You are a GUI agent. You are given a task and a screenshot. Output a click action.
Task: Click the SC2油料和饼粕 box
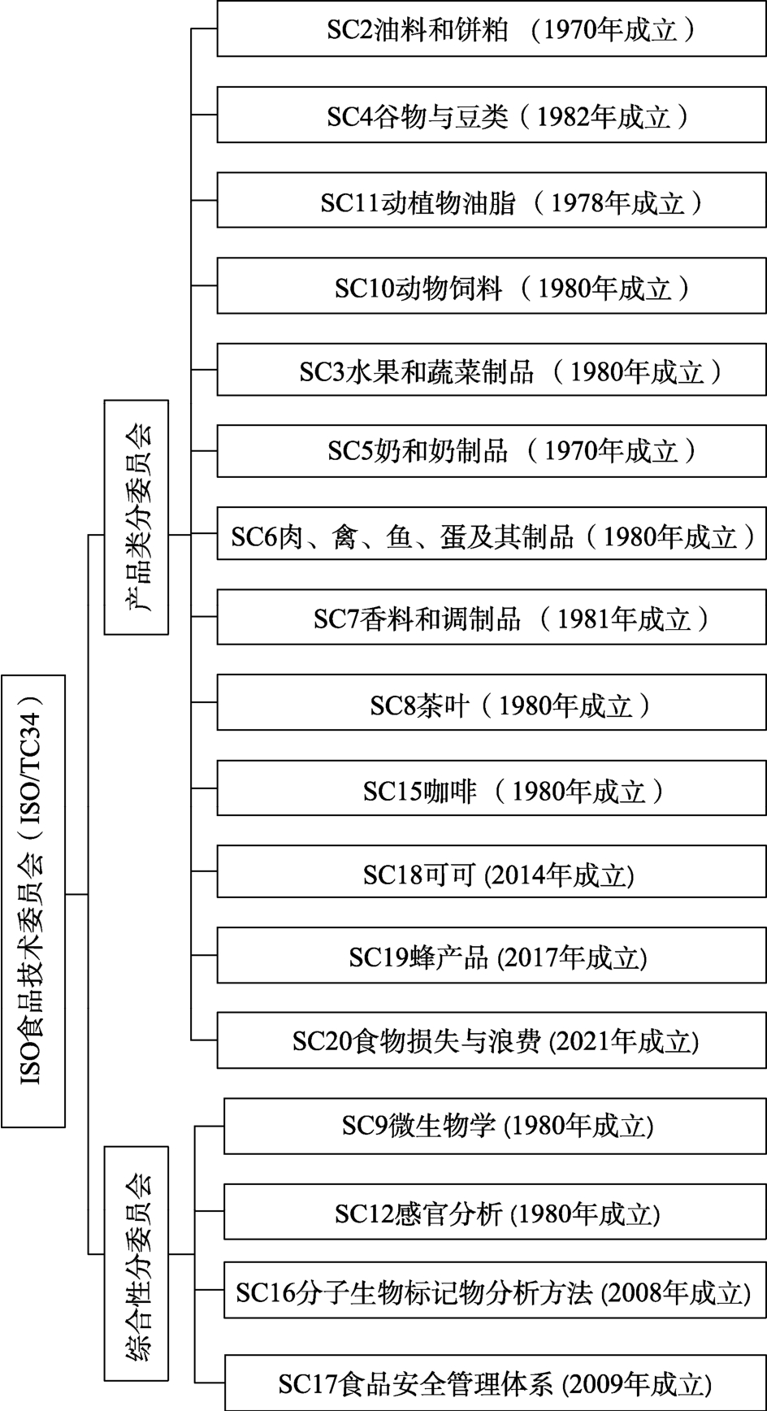(492, 29)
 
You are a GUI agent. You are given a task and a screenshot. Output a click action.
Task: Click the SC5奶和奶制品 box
(492, 450)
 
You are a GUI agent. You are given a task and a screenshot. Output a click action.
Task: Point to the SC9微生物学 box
(496, 1126)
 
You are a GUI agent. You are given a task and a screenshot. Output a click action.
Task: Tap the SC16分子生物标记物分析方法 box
(496, 1291)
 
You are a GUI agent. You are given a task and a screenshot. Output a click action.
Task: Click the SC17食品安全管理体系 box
(496, 1382)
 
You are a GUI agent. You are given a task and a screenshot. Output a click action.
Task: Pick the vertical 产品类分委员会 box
(136, 517)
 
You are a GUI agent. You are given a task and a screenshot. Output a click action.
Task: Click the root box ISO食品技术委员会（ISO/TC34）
(33, 901)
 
